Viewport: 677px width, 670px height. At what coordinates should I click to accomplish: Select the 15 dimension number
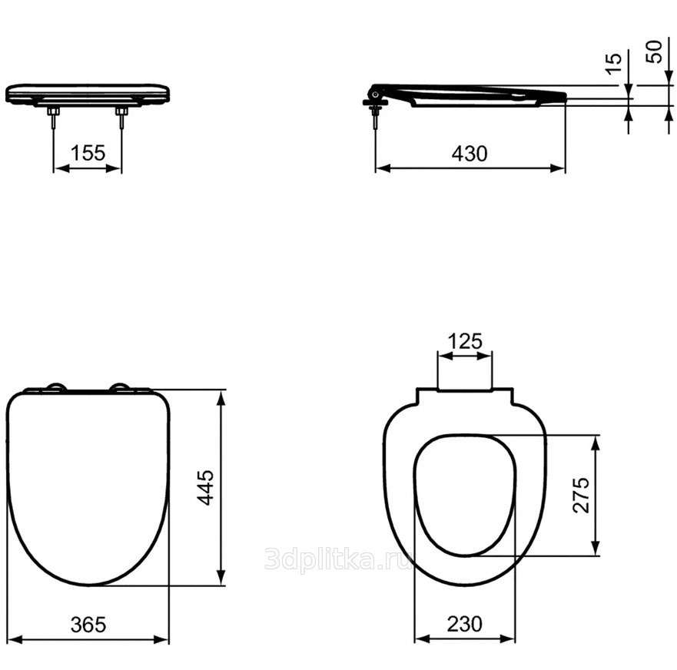tap(613, 64)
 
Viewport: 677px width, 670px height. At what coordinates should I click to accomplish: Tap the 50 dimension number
tap(654, 51)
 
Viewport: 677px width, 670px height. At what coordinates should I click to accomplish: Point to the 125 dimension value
tap(465, 341)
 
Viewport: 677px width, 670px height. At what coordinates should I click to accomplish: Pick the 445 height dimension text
tap(205, 487)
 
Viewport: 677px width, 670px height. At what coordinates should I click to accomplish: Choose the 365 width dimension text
tap(88, 625)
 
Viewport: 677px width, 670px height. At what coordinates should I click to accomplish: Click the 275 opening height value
tap(581, 495)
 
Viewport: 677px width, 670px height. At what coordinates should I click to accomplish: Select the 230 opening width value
tap(465, 624)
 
